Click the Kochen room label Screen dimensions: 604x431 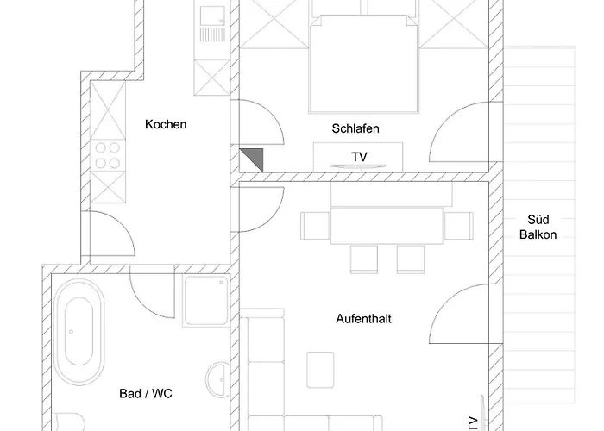click(x=166, y=124)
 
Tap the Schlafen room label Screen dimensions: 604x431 click(x=355, y=128)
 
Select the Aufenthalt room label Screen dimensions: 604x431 click(x=363, y=319)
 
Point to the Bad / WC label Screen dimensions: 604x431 click(x=146, y=393)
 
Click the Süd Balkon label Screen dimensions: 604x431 click(x=538, y=227)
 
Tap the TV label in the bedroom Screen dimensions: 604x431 click(x=359, y=157)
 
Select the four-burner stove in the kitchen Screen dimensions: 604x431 click(x=108, y=155)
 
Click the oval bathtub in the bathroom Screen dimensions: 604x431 click(x=79, y=332)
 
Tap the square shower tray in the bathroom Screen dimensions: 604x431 click(x=206, y=301)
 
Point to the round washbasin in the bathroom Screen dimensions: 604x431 click(x=218, y=380)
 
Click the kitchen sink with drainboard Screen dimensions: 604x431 click(x=212, y=24)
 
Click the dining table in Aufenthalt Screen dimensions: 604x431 click(x=387, y=226)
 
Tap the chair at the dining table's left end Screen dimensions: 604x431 click(x=315, y=226)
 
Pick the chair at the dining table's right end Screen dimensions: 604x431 click(x=458, y=226)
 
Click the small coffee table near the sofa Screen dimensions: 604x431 click(x=320, y=370)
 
